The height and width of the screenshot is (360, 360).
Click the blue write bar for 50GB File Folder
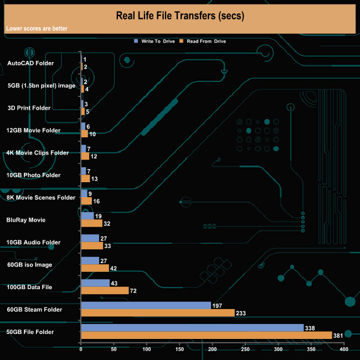point(192,328)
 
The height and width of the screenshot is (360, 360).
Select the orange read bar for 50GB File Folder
point(206,335)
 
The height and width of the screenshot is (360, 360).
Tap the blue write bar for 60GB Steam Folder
point(146,305)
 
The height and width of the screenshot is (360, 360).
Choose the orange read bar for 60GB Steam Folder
point(158,313)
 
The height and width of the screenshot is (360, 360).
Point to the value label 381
point(338,335)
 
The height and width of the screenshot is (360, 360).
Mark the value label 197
point(218,305)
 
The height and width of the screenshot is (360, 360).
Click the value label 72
point(133,291)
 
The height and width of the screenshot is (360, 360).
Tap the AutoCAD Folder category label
point(30,63)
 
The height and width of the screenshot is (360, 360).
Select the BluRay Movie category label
point(25,220)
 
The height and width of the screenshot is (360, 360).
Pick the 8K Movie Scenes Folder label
point(40,197)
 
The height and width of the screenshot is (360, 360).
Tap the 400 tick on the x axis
point(344,349)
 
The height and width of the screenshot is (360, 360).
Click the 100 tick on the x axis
point(147,349)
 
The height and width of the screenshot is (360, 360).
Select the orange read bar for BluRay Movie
point(91,223)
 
